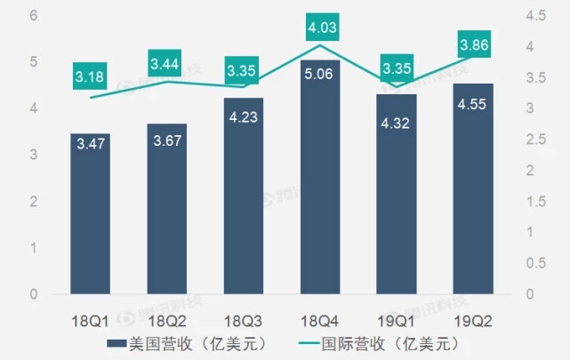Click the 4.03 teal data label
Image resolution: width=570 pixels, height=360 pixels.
(x=321, y=29)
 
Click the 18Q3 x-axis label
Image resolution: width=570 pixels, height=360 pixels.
(x=244, y=317)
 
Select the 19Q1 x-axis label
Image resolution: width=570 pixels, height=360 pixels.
(x=397, y=317)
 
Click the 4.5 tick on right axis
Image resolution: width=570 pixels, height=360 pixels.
(x=537, y=16)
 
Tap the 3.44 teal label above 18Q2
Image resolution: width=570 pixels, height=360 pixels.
(x=166, y=64)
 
